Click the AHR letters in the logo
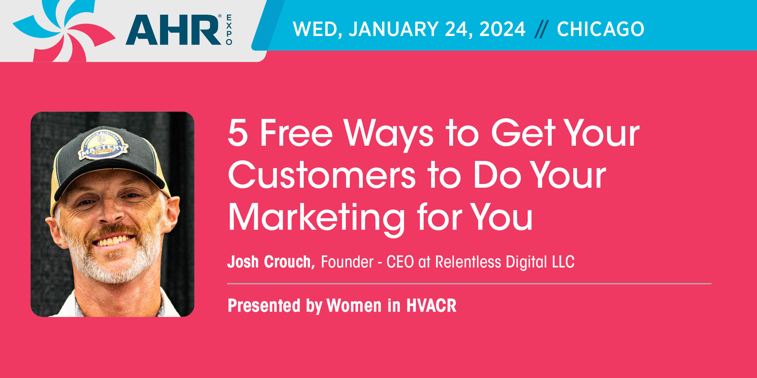pyautogui.click(x=173, y=30)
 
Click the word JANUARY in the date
pyautogui.click(x=394, y=29)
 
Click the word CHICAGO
pyautogui.click(x=601, y=29)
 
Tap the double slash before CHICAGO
pyautogui.click(x=541, y=29)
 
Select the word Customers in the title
pyautogui.click(x=322, y=175)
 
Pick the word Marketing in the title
pyautogui.click(x=316, y=219)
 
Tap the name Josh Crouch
pyautogui.click(x=271, y=262)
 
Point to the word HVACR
pyautogui.click(x=431, y=305)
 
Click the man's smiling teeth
pyautogui.click(x=113, y=241)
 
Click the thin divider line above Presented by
pyautogui.click(x=469, y=284)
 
